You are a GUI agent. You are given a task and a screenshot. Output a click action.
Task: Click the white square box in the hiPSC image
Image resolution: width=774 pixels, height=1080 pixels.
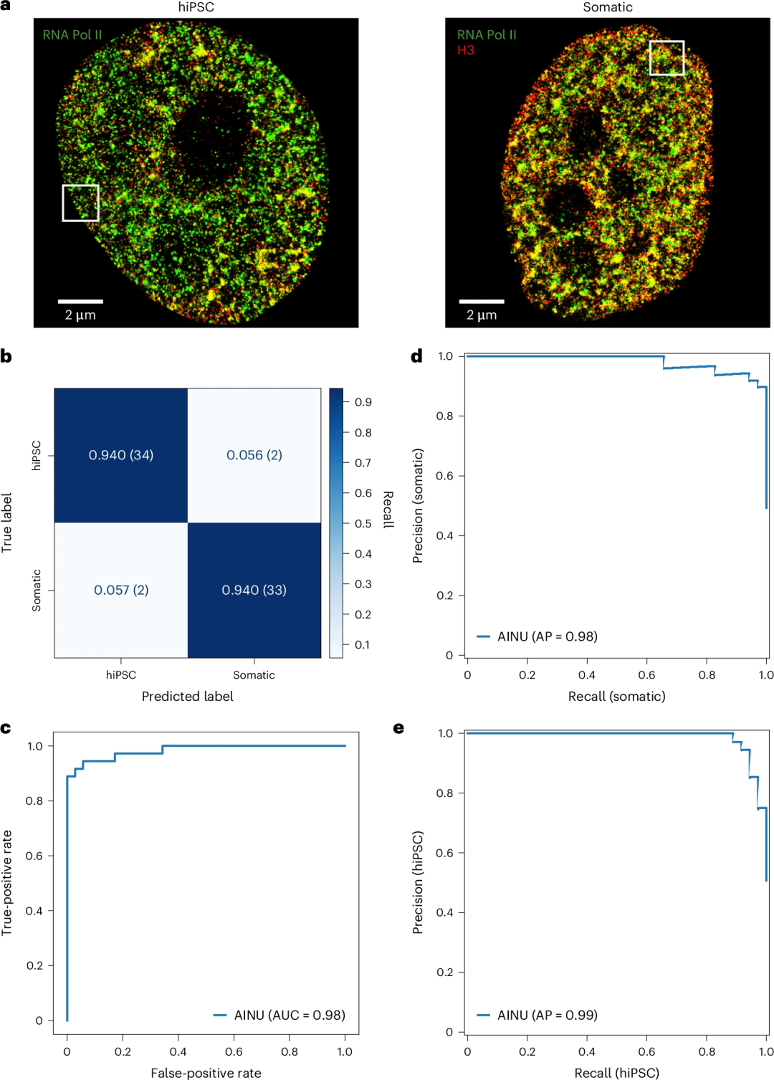pos(80,203)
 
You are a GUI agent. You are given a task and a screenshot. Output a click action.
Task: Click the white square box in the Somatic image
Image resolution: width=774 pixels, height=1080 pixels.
pos(666,58)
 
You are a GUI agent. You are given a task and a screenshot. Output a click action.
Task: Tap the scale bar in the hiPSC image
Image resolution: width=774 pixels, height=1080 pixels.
pos(80,302)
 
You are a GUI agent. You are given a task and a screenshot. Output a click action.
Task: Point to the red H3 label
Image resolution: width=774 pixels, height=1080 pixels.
pos(466,50)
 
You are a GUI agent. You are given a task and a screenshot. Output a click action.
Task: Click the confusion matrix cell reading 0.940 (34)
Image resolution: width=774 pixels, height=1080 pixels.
pos(121,455)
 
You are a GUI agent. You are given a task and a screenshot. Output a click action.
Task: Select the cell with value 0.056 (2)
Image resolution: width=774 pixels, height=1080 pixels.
pos(254,455)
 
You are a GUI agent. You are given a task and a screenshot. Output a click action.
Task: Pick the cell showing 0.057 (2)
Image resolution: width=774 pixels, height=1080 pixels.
pos(121,590)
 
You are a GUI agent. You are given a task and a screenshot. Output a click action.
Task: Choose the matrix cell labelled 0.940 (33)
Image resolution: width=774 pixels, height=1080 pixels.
pos(254,590)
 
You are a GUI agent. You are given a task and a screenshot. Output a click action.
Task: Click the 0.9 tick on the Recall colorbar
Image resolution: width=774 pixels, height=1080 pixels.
pos(363,402)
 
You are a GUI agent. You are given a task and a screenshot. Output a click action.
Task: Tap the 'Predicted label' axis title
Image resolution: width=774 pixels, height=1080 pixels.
pos(187,696)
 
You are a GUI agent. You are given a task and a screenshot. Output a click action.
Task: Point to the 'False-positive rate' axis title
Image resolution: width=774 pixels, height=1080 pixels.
pos(206,1073)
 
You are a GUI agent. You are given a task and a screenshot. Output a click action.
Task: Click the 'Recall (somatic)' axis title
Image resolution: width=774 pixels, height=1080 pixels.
pos(616,696)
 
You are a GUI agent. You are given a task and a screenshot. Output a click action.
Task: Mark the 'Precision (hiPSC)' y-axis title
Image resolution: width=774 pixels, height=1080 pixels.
pos(418,882)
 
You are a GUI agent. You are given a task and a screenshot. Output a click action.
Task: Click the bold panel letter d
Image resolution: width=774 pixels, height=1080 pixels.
pos(416,356)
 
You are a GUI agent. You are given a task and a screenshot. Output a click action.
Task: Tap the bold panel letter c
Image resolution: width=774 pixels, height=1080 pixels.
pos(6,729)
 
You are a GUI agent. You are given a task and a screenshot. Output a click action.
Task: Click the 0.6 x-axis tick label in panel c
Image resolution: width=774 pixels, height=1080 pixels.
pos(234,1051)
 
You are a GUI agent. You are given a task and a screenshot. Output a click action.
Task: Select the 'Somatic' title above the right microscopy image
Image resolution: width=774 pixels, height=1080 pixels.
pos(607,7)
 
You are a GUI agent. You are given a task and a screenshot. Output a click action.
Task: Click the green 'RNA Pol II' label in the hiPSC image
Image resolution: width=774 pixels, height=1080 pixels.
pos(72,34)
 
